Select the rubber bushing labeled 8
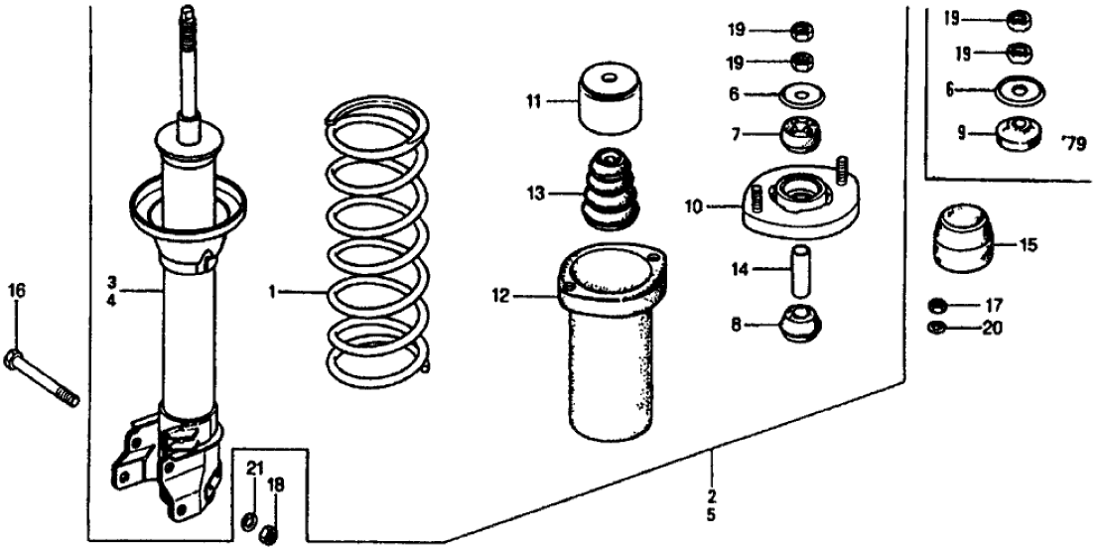click(800, 324)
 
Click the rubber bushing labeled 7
click(799, 134)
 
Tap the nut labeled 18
click(267, 537)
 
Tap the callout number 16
click(17, 291)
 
